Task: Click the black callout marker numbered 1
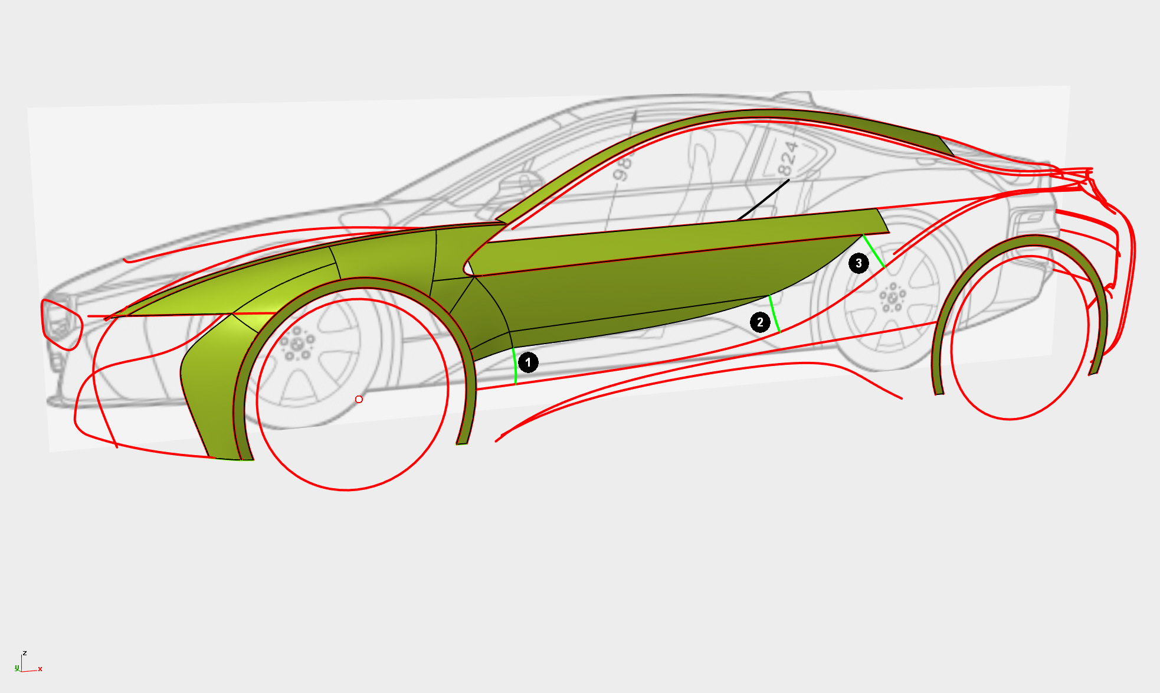(x=528, y=362)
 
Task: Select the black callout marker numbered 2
(x=760, y=322)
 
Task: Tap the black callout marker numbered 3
(x=858, y=263)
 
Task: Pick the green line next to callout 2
(x=775, y=314)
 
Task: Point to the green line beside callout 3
(x=874, y=251)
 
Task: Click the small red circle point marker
(x=359, y=400)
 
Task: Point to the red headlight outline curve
(x=61, y=324)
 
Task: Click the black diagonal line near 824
(x=763, y=200)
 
